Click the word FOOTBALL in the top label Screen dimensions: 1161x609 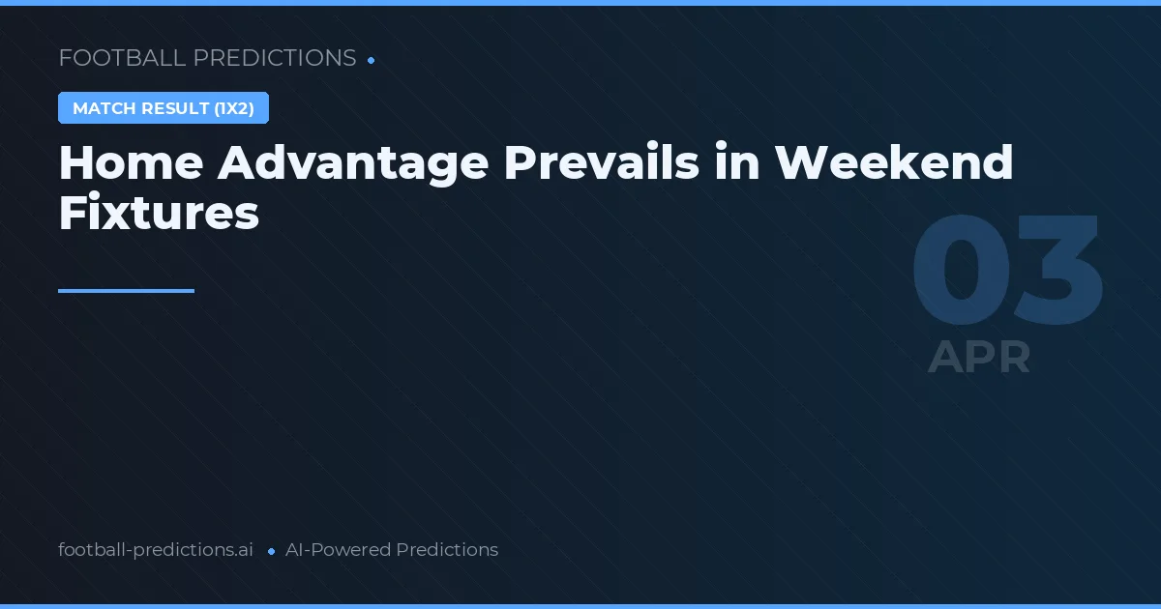point(122,57)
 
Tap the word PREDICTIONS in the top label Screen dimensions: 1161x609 point(275,57)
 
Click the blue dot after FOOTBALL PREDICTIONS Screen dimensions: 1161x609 point(372,61)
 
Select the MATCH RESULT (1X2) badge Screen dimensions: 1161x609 point(164,107)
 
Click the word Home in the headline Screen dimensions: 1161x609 point(132,162)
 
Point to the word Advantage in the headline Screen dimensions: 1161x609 point(353,164)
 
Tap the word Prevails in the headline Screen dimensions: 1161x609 point(601,161)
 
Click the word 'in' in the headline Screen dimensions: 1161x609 point(737,161)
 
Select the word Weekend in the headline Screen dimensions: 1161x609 point(894,161)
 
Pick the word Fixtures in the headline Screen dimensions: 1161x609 point(159,212)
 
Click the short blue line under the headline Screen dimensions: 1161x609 point(126,291)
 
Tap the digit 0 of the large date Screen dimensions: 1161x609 point(961,270)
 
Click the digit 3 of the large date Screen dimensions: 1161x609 point(1058,270)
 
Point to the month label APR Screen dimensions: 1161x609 point(978,357)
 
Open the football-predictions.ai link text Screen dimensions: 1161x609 point(156,550)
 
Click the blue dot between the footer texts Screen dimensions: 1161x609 point(271,552)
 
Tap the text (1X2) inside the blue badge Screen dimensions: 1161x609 point(234,108)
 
